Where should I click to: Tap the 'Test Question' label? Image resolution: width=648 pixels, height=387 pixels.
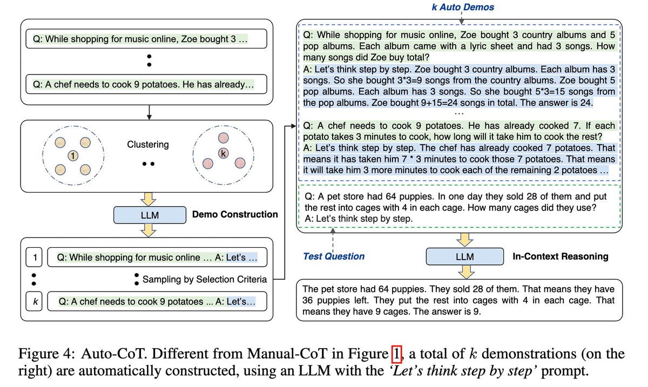click(x=334, y=256)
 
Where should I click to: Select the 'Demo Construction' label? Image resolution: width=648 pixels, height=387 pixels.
click(x=235, y=214)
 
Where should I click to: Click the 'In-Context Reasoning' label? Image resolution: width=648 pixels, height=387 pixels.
click(x=560, y=256)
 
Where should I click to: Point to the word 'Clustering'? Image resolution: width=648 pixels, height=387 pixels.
click(x=148, y=145)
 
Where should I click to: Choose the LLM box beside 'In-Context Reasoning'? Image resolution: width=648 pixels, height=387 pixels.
click(x=464, y=256)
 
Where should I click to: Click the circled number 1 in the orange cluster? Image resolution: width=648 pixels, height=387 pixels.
click(x=71, y=156)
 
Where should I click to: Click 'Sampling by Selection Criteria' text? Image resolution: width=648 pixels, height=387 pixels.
click(x=205, y=279)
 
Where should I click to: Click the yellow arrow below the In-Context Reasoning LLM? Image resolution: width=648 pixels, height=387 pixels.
click(x=464, y=270)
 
